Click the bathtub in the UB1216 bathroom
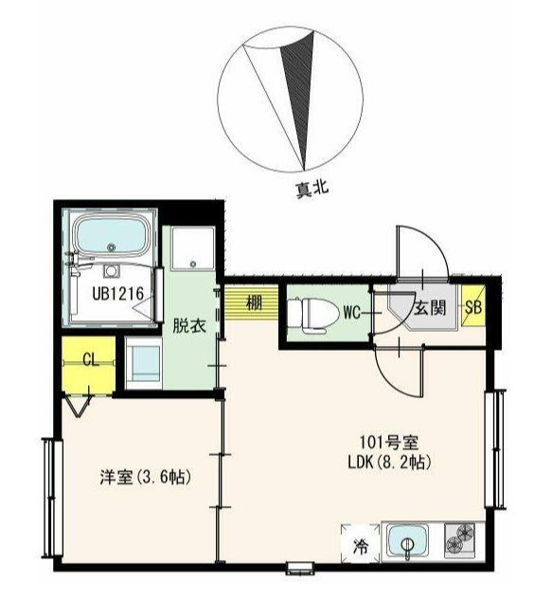tap(111, 235)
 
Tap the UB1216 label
tap(118, 294)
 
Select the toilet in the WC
tap(313, 314)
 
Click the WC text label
tap(351, 313)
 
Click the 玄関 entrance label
tap(430, 308)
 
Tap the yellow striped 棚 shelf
tap(251, 303)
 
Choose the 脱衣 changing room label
tap(189, 326)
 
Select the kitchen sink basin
tap(407, 542)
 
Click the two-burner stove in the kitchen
tap(460, 540)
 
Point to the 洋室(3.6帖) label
tap(145, 477)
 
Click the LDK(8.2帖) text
tap(389, 463)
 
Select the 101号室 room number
tap(389, 443)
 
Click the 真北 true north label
tap(311, 189)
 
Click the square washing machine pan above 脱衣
tap(192, 248)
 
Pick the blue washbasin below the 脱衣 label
tap(143, 363)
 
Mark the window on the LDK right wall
tap(495, 448)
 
